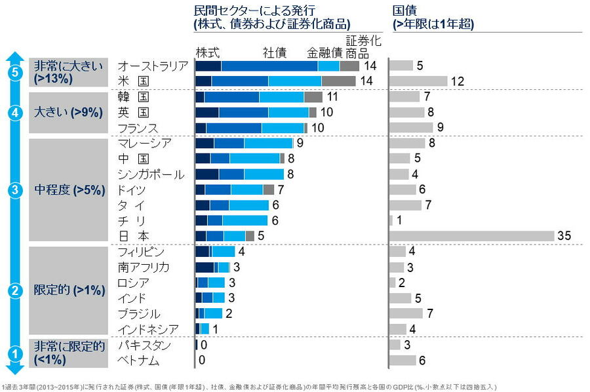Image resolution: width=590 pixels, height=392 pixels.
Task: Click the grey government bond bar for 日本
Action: pos(472,236)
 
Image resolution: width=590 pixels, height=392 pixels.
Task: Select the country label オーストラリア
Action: pos(153,66)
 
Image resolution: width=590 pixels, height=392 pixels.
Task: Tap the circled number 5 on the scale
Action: pos(16,73)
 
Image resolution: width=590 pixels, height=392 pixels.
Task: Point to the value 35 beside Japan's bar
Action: pos(564,236)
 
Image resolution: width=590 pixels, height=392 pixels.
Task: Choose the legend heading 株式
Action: pos(207,52)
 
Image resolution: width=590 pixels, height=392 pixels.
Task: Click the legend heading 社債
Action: pos(275,52)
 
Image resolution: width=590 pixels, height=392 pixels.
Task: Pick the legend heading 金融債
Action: pos(324,52)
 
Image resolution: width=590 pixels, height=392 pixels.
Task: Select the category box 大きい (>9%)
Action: pos(68,112)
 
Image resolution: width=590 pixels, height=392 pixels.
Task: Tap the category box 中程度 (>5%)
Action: pos(68,190)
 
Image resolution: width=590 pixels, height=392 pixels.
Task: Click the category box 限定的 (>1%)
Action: pos(68,290)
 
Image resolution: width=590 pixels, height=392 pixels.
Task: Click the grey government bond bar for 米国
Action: pos(418,81)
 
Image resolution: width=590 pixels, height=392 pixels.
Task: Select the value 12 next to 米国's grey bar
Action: pos(458,81)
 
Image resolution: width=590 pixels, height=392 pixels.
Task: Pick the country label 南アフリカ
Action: pos(144,267)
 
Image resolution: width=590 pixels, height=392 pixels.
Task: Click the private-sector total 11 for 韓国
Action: pos(332,96)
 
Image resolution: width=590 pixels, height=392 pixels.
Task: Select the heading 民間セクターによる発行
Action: pos(255,11)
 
